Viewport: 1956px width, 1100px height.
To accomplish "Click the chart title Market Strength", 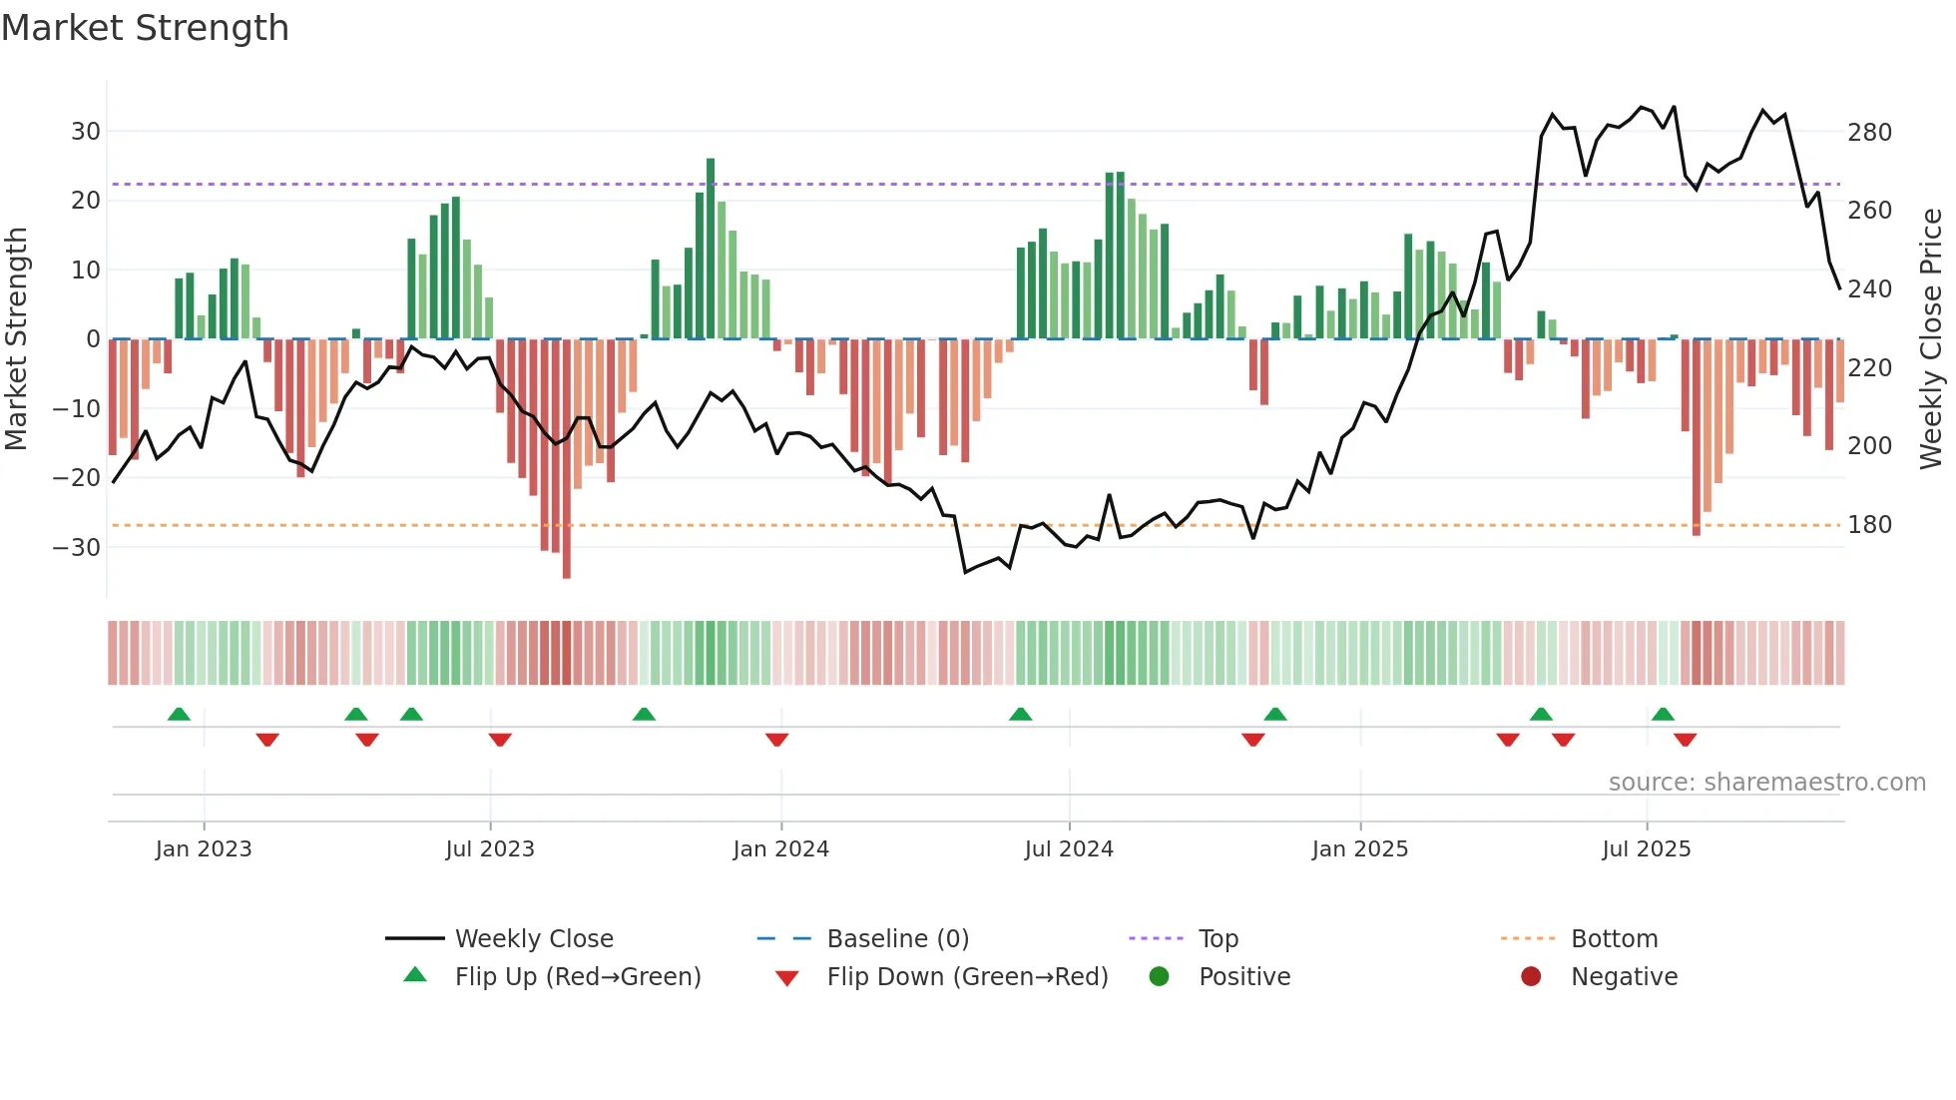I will pyautogui.click(x=145, y=28).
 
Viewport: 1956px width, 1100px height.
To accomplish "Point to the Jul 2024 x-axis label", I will pyautogui.click(x=1068, y=848).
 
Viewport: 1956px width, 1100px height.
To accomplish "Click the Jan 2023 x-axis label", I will pyautogui.click(x=204, y=848).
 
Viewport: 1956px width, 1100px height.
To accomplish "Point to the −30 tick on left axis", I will pyautogui.click(x=76, y=547).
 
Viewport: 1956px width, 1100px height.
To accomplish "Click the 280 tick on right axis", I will pyautogui.click(x=1869, y=132).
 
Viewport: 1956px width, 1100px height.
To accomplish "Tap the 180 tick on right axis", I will pyautogui.click(x=1869, y=524).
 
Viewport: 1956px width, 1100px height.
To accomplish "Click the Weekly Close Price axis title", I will pyautogui.click(x=1931, y=339).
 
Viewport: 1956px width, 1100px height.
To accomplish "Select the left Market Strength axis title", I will pyautogui.click(x=16, y=339).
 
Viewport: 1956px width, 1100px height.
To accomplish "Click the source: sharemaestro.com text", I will pyautogui.click(x=1766, y=782).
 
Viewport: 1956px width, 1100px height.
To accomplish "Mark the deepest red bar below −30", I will pyautogui.click(x=567, y=459).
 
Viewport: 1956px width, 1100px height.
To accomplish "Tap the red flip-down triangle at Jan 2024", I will pyautogui.click(x=776, y=740).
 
